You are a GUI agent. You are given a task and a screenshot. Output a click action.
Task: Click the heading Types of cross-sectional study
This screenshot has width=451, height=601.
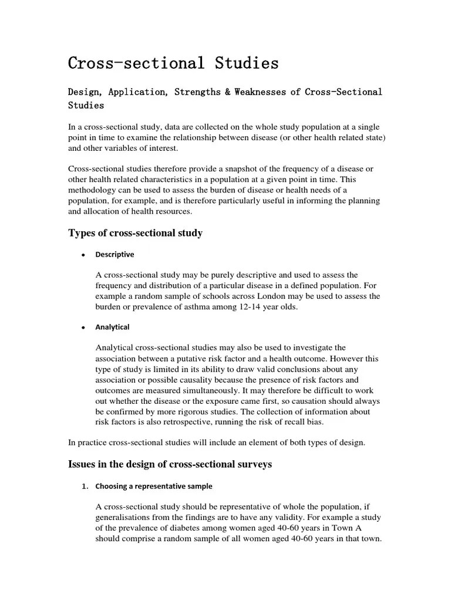click(x=136, y=233)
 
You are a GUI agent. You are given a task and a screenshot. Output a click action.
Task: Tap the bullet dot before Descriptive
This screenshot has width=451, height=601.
click(x=84, y=255)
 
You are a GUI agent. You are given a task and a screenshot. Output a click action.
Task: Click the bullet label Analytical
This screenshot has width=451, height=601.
click(x=112, y=327)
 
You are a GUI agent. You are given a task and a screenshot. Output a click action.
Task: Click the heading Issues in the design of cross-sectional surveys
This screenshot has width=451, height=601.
click(x=170, y=464)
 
